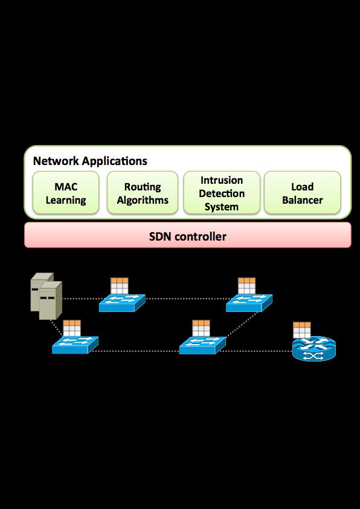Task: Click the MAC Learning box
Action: click(66, 193)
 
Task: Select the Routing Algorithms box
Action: click(143, 193)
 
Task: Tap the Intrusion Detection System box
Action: click(222, 193)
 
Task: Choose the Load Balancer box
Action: click(302, 193)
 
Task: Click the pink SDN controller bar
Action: click(188, 235)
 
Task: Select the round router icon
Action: click(314, 349)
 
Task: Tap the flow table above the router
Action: click(301, 330)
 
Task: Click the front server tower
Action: click(50, 300)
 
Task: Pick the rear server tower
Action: click(42, 291)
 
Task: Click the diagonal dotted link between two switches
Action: click(242, 325)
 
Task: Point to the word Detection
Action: click(222, 193)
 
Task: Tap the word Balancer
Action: click(302, 200)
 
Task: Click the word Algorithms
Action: click(143, 200)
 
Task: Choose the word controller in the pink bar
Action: click(200, 236)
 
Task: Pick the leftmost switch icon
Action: click(75, 345)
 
